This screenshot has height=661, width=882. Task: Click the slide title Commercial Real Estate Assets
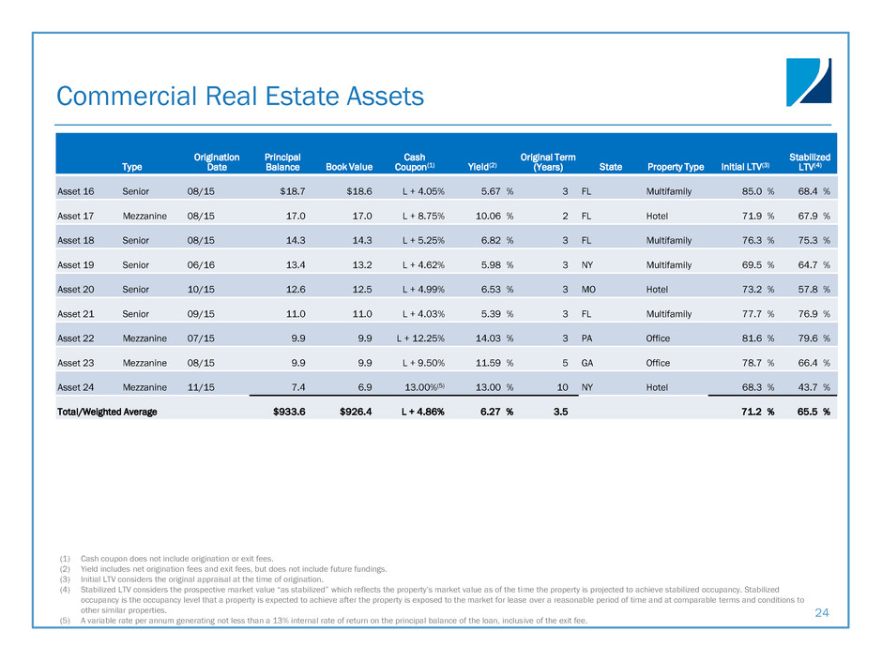pyautogui.click(x=240, y=97)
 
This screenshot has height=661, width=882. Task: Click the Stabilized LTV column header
pyautogui.click(x=809, y=162)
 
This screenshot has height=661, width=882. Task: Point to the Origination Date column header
pyautogui.click(x=216, y=162)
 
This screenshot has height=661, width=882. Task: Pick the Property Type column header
pyautogui.click(x=675, y=167)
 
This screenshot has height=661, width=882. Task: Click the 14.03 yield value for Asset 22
pyautogui.click(x=484, y=338)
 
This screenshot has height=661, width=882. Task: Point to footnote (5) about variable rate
pyautogui.click(x=328, y=620)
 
